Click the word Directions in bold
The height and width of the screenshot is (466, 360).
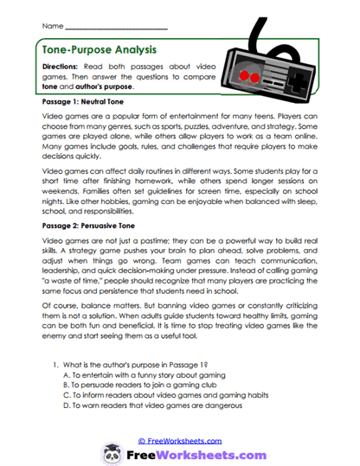pos(62,67)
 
